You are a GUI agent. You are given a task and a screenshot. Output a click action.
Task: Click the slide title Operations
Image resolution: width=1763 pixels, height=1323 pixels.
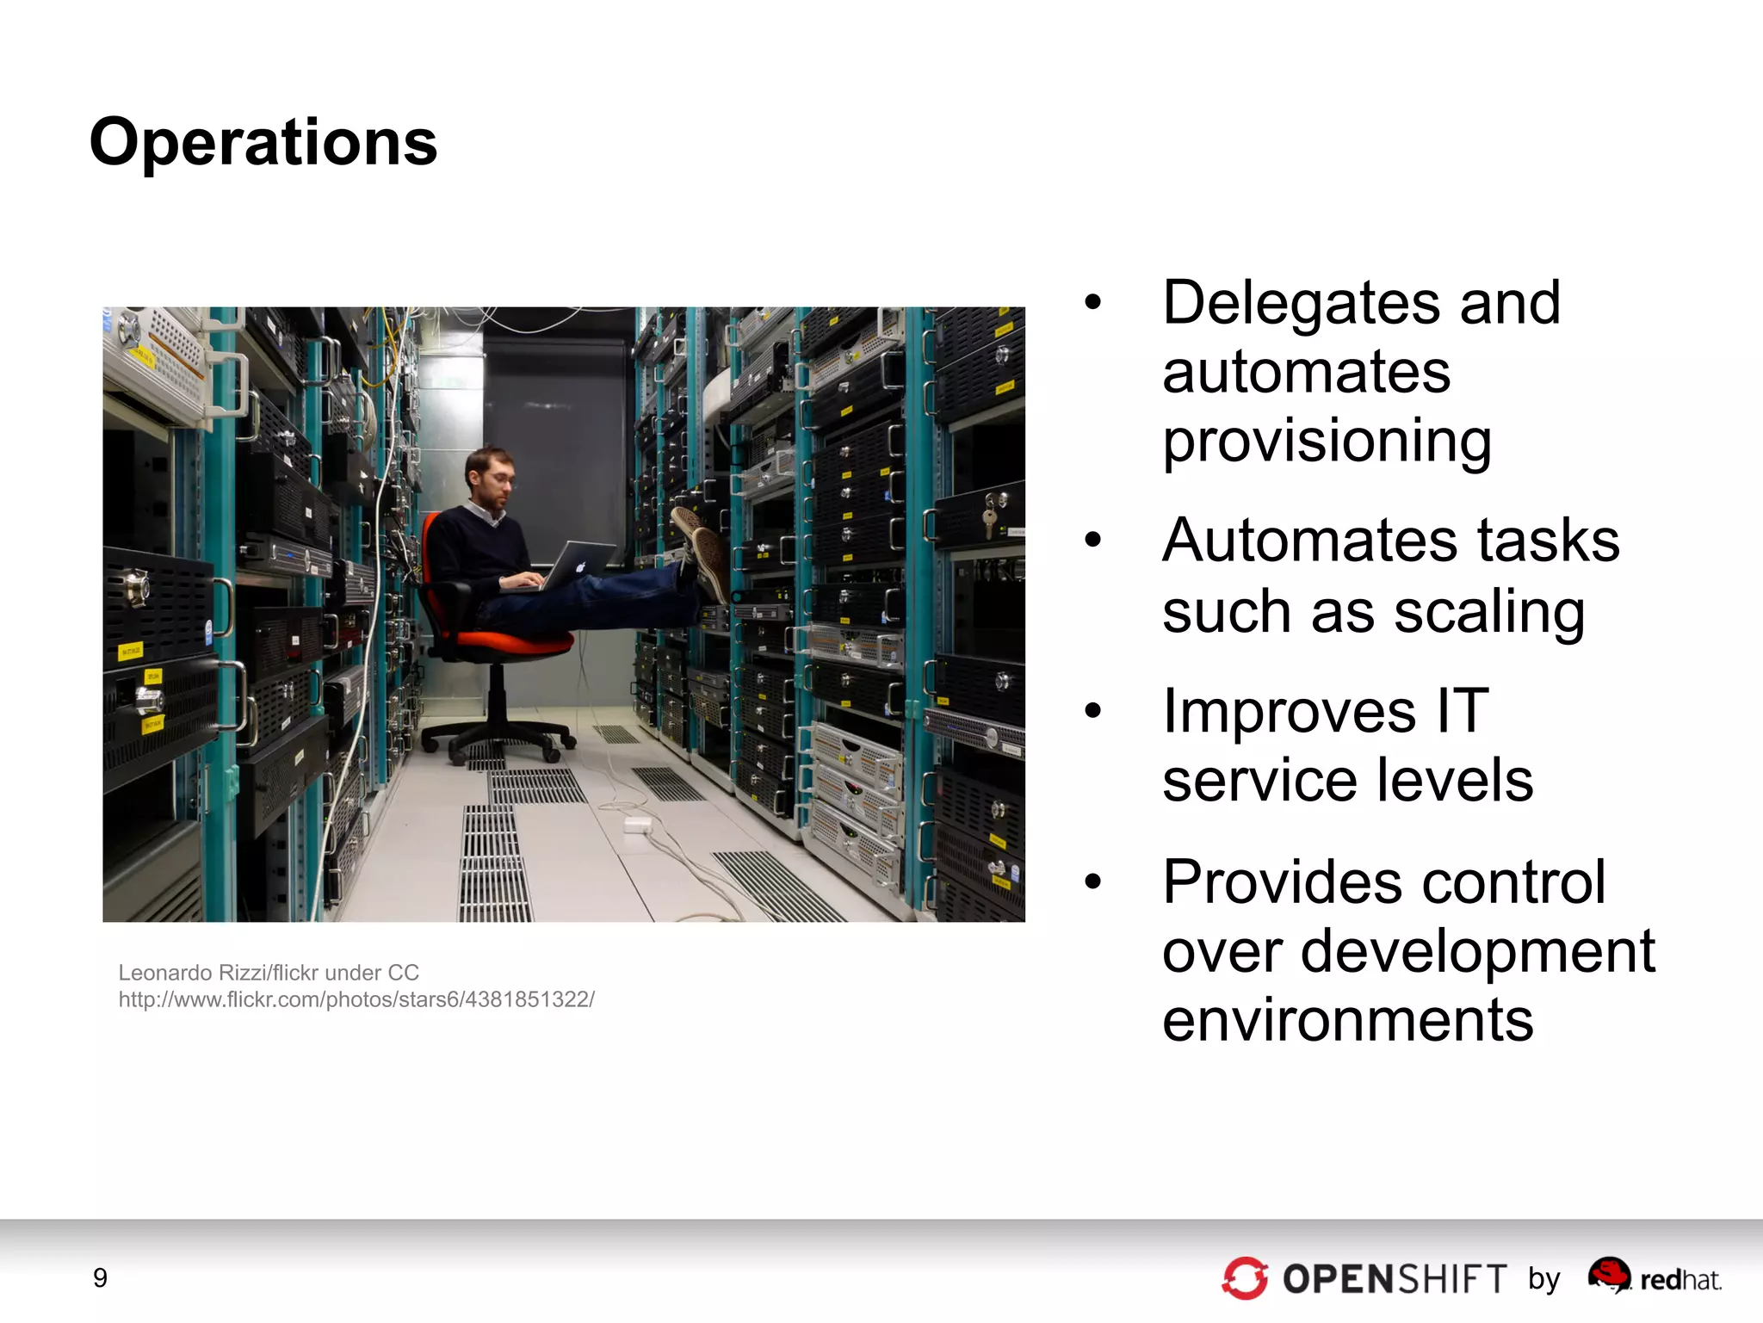[x=263, y=142]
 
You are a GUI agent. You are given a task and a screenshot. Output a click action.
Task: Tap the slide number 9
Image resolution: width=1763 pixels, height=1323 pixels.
[x=100, y=1277]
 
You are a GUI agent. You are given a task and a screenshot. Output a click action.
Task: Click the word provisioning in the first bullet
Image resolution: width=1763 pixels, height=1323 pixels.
[x=1327, y=441]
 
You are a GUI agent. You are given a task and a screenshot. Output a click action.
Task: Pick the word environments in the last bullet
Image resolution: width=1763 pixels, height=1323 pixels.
[x=1347, y=1020]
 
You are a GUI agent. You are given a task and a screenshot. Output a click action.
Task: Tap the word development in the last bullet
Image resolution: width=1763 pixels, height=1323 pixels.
[x=1477, y=951]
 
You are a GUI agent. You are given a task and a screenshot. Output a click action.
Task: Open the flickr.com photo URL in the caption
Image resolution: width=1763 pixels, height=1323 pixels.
[x=356, y=999]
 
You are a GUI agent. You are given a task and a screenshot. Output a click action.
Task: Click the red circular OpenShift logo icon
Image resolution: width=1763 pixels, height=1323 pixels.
[x=1245, y=1278]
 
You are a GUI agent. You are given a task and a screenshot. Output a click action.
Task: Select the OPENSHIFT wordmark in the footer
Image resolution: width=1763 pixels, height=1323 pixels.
[x=1395, y=1279]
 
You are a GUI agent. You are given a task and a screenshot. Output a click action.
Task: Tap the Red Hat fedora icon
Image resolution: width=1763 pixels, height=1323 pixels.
[x=1609, y=1272]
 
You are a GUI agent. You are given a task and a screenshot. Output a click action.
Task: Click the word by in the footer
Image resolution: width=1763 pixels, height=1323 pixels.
[x=1544, y=1279]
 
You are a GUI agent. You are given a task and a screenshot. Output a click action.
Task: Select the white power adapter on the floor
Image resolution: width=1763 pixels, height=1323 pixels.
[x=637, y=825]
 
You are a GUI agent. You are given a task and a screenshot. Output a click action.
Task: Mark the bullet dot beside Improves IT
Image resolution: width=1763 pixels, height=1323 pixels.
[x=1093, y=711]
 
